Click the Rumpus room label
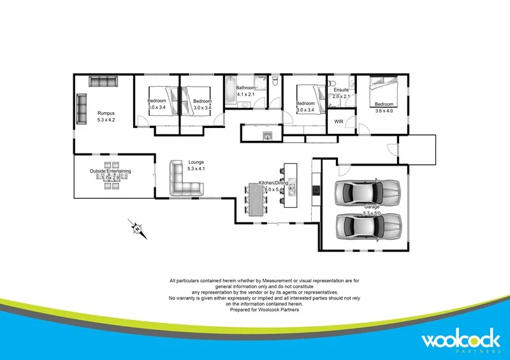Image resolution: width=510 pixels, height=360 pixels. pyautogui.click(x=106, y=113)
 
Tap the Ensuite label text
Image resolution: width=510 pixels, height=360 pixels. pyautogui.click(x=341, y=90)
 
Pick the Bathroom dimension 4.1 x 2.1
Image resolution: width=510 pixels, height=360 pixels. pyautogui.click(x=246, y=94)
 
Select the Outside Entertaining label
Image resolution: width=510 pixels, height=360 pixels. pyautogui.click(x=110, y=171)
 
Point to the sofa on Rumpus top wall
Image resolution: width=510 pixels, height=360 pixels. pyautogui.click(x=103, y=82)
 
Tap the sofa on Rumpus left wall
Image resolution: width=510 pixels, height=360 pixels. pyautogui.click(x=82, y=109)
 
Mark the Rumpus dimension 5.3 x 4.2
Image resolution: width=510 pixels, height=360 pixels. pyautogui.click(x=106, y=120)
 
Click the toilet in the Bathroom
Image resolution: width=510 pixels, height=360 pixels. pyautogui.click(x=275, y=82)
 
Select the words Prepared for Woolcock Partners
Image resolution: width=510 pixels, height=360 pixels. pyautogui.click(x=265, y=310)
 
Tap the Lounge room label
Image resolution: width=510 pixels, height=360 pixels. pyautogui.click(x=196, y=162)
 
